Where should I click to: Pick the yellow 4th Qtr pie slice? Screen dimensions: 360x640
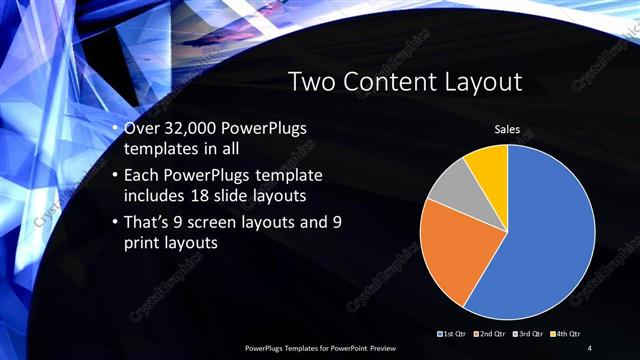coord(490,162)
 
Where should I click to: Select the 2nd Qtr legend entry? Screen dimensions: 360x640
coord(491,333)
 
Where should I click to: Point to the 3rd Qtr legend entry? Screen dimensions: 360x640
coord(528,333)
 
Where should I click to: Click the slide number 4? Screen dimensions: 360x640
coord(591,347)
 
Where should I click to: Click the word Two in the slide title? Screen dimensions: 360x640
coord(313,83)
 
